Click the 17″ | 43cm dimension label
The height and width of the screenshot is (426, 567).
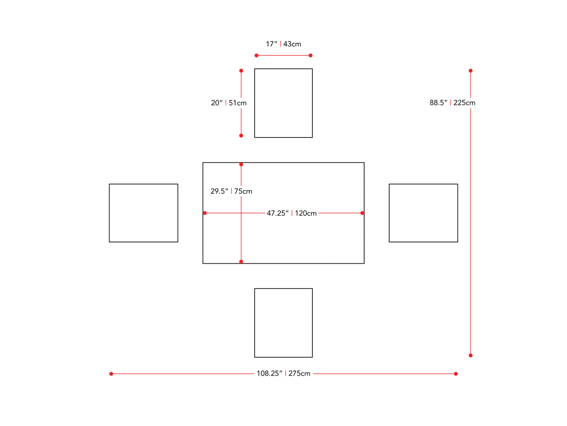tap(283, 44)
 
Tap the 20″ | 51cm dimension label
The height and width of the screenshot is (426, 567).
tap(229, 103)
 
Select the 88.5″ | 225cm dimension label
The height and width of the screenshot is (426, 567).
tap(452, 103)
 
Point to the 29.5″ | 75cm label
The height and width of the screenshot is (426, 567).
tap(231, 191)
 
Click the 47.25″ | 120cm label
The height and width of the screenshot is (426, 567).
tap(292, 213)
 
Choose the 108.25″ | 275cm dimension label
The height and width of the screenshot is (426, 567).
tap(283, 373)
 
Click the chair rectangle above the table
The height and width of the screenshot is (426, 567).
tap(283, 103)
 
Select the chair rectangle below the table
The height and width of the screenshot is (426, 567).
tap(283, 323)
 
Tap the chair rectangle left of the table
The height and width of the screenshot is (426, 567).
tap(143, 213)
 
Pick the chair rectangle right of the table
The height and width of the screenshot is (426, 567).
tap(423, 213)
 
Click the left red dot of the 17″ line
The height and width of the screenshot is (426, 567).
tap(257, 55)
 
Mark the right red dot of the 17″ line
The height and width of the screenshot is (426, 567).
tap(310, 55)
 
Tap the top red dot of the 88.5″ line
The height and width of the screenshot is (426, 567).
tap(470, 71)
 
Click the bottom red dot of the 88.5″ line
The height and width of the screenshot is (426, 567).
tap(470, 355)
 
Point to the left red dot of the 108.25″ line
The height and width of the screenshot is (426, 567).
tap(111, 374)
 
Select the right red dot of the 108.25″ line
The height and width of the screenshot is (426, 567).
tap(456, 374)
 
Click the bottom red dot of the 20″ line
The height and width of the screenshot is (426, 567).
tap(241, 136)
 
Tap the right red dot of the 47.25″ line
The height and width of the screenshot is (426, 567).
tap(362, 213)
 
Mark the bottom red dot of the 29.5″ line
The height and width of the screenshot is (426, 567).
tap(241, 261)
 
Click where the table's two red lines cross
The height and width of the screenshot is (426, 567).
tap(241, 213)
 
